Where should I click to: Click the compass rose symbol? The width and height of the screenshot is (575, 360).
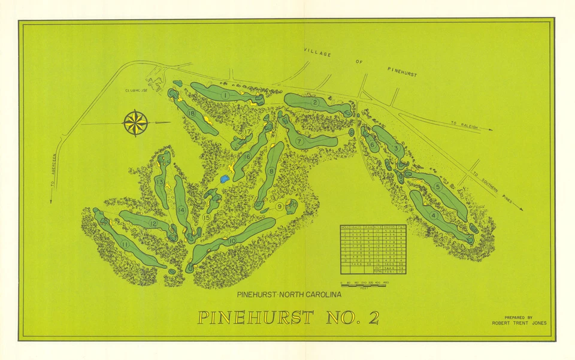[x=136, y=123]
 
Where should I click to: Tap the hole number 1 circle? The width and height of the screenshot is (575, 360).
[x=225, y=95]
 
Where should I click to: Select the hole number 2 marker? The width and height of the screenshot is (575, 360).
[x=314, y=102]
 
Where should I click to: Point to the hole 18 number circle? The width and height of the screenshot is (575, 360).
[x=192, y=113]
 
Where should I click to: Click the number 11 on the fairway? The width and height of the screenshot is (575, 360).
[x=125, y=244]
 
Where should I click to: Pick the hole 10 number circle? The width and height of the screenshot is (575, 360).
[x=231, y=241]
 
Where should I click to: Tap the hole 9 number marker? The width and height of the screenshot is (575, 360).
[x=280, y=207]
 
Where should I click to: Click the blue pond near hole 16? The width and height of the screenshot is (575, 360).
[x=225, y=179]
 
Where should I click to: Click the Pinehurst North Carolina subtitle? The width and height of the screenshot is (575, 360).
[x=289, y=294]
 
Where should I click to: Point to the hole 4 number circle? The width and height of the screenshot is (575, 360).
[x=433, y=216]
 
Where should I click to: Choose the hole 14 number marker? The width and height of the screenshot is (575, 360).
[x=181, y=210]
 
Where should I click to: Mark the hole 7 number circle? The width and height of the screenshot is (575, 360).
[x=298, y=141]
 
